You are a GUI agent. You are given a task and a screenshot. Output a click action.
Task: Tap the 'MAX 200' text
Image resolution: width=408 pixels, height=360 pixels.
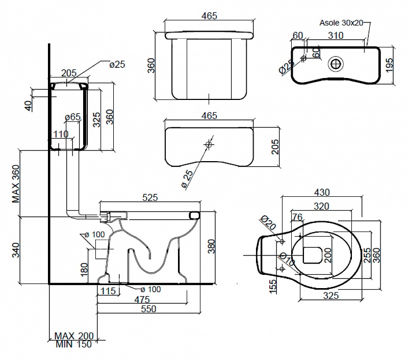coord(74,336)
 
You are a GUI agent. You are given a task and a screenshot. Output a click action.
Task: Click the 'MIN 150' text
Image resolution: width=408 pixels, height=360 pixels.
coord(74,344)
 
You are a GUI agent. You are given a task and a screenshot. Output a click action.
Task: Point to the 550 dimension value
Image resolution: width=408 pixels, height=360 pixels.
coord(148,308)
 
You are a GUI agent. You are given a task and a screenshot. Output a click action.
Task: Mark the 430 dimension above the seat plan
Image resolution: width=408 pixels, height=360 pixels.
coord(322,192)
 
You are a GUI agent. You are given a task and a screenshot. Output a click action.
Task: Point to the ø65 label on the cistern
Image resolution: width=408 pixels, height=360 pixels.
coord(73,117)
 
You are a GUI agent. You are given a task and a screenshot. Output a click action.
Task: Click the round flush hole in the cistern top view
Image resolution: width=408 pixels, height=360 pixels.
coord(336,64)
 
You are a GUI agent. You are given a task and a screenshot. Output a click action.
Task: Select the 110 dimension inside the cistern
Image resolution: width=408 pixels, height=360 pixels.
coord(61,135)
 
